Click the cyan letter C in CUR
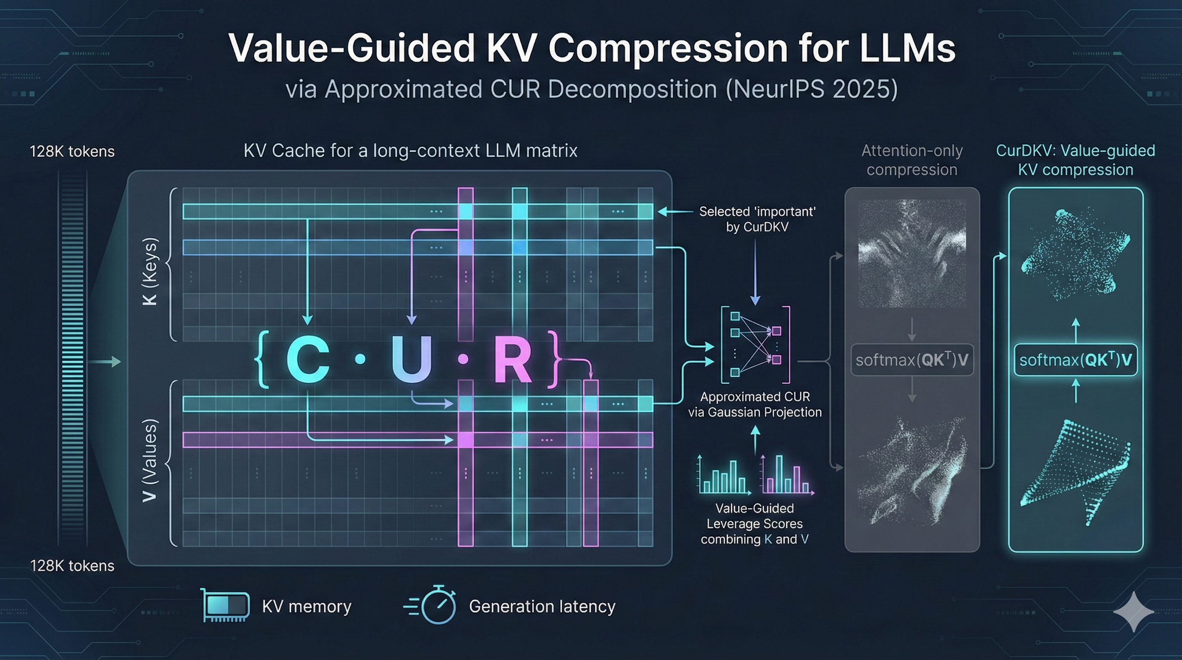pos(308,360)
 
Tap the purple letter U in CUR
pos(411,360)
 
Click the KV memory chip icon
pos(226,605)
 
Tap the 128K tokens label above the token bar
pos(72,151)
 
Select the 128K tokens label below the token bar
pos(72,565)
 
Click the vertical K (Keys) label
pos(150,271)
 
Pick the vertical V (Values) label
pos(150,461)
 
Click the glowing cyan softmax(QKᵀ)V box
pos(1075,360)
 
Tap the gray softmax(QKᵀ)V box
pos(912,360)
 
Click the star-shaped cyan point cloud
pos(1075,255)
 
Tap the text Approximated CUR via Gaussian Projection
pos(755,404)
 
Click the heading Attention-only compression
pos(912,160)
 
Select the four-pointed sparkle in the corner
pos(1133,612)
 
